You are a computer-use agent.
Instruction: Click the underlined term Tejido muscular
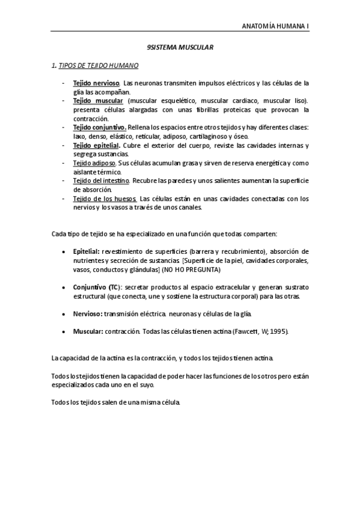[x=97, y=101]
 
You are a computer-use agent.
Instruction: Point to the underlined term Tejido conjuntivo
[x=99, y=128]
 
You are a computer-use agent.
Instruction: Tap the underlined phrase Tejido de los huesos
[x=105, y=199]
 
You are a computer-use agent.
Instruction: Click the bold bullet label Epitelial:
[x=87, y=251]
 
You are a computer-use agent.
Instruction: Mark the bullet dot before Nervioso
[x=64, y=314]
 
